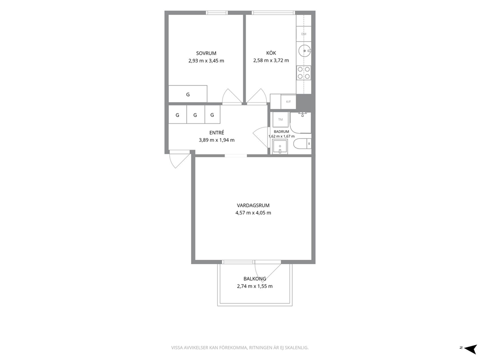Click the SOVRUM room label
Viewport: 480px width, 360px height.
[x=206, y=53]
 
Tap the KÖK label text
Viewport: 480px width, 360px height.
[x=271, y=53]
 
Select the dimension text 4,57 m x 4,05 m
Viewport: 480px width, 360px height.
[x=253, y=213]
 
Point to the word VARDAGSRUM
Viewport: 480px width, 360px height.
[x=253, y=206]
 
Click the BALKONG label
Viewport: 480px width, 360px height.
[x=255, y=279]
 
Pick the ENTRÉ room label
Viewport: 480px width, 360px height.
[x=217, y=133]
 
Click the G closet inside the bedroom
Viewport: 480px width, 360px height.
[x=188, y=94]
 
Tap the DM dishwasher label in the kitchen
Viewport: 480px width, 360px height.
[x=304, y=34]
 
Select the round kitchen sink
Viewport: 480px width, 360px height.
[x=305, y=50]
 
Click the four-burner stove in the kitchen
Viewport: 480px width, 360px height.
[x=304, y=73]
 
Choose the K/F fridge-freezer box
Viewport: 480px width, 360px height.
[x=288, y=101]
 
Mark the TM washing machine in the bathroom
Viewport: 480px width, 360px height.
[x=281, y=120]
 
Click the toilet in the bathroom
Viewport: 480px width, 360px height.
[x=302, y=144]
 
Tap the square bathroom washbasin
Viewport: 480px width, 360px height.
[x=280, y=147]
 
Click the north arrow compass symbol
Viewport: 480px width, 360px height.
[x=469, y=348]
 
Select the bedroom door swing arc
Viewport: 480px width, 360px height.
[x=232, y=96]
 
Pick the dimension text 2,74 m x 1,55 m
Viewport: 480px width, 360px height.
[x=255, y=286]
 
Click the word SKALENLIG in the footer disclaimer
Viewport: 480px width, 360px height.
[x=297, y=348]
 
